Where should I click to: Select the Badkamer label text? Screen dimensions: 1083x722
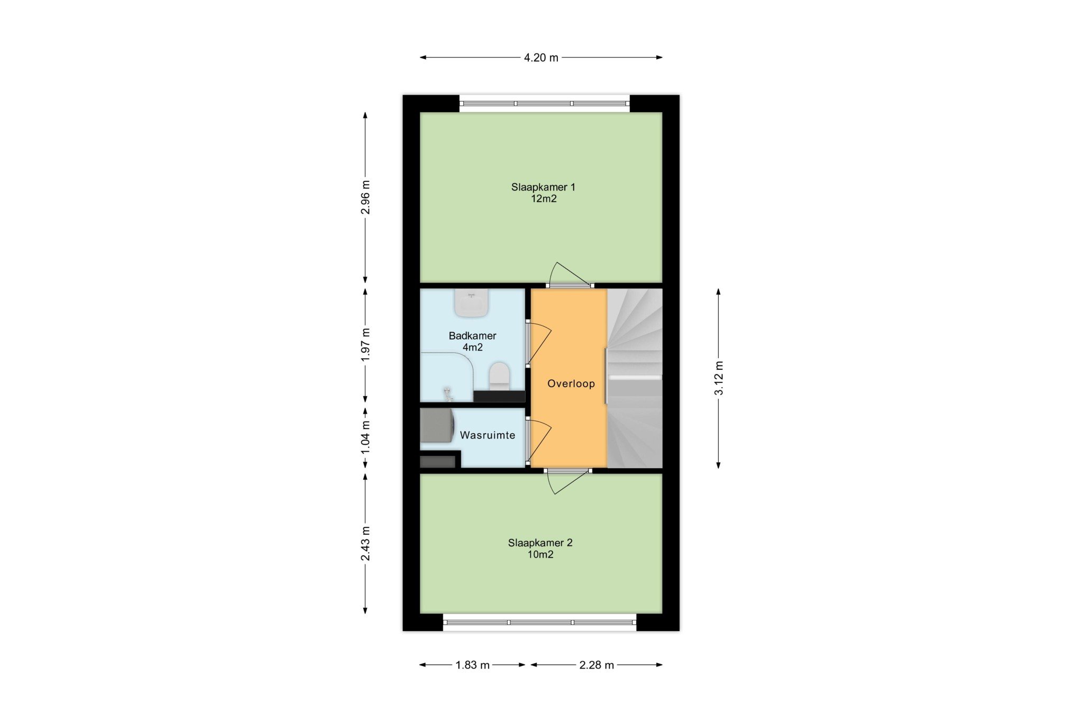point(472,335)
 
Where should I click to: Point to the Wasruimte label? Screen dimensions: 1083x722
point(487,435)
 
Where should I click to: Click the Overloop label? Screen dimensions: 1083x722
point(571,383)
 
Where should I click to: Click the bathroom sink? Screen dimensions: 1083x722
point(471,303)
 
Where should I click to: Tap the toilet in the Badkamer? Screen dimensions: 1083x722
point(499,376)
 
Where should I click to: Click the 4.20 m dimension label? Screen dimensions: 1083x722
point(541,58)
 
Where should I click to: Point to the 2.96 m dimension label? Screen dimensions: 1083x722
point(365,197)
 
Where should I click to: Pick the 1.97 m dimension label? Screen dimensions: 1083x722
point(365,345)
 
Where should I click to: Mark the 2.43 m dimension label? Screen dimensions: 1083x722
point(365,544)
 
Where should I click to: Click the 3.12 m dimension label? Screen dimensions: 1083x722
point(719,378)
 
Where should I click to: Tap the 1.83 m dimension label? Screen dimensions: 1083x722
point(472,665)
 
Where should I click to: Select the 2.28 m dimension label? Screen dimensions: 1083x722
point(596,665)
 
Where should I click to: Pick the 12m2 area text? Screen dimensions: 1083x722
point(544,199)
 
